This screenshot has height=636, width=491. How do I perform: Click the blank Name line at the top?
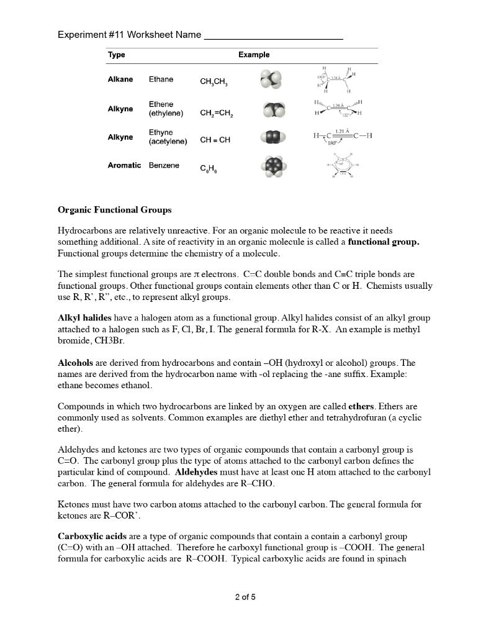click(273, 35)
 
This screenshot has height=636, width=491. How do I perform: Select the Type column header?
click(116, 55)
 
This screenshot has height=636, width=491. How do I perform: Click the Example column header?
click(254, 55)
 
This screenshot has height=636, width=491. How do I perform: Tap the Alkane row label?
click(120, 79)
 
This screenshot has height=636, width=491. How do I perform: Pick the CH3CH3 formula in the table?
click(214, 82)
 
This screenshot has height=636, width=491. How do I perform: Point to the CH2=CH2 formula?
click(217, 114)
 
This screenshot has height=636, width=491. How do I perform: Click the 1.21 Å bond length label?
click(342, 131)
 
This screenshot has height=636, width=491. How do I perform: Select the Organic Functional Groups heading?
click(114, 210)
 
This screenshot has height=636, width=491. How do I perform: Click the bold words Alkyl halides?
click(84, 317)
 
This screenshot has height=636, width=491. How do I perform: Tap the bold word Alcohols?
click(75, 363)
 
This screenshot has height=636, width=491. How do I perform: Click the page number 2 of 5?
click(245, 597)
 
